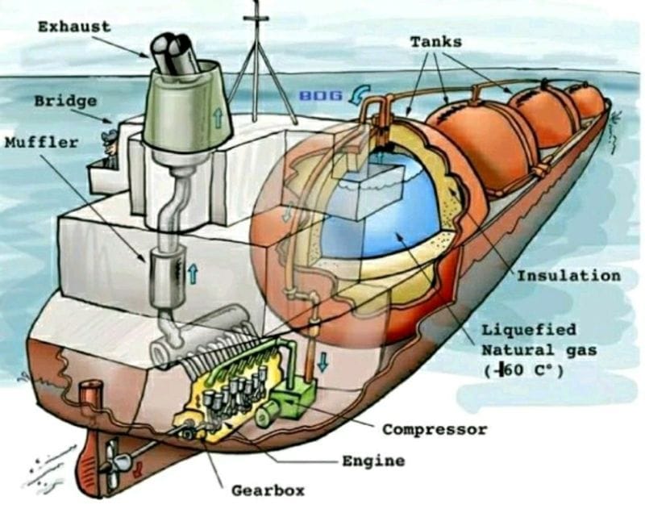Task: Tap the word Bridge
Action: click(66, 101)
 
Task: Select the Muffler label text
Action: click(41, 143)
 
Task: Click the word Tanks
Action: click(436, 40)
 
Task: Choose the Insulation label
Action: click(568, 276)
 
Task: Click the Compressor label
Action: click(435, 430)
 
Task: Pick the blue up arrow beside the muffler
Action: click(192, 275)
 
